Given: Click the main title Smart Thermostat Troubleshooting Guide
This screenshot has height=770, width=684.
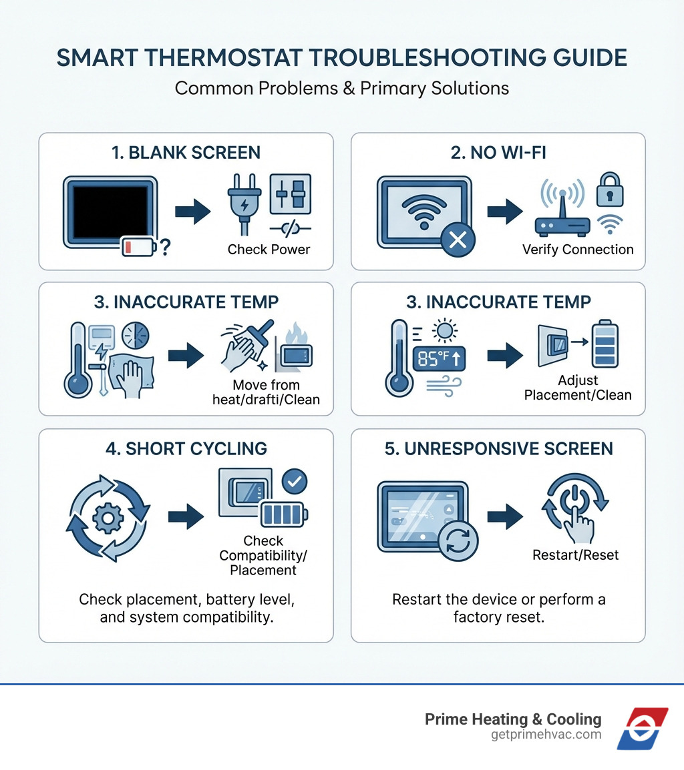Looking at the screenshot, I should (341, 58).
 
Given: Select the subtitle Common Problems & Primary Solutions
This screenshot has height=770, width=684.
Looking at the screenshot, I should (341, 88).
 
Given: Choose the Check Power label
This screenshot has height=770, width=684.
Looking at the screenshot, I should (269, 250).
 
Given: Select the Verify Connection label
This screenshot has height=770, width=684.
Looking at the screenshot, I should (577, 250).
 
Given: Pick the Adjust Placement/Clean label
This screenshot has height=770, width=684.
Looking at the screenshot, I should (577, 388).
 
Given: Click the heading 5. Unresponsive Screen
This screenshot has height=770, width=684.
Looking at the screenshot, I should (498, 449).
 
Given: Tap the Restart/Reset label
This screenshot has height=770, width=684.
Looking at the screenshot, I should (575, 554).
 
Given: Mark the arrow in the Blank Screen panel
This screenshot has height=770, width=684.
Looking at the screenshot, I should (192, 212).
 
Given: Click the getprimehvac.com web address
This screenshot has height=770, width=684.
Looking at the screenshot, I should (545, 735).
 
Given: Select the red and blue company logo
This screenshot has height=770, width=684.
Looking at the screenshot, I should (642, 728).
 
